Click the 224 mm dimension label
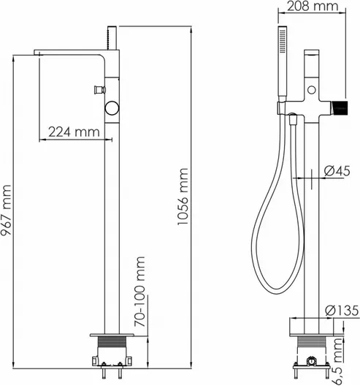coord(74,132)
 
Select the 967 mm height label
coord(6,210)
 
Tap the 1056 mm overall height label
coord(183,196)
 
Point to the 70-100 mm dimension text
coord(140,291)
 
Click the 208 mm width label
coord(313,6)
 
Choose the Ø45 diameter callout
coord(337,171)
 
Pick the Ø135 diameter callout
coord(342,311)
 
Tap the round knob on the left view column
coord(112,108)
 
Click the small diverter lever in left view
coord(99,90)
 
